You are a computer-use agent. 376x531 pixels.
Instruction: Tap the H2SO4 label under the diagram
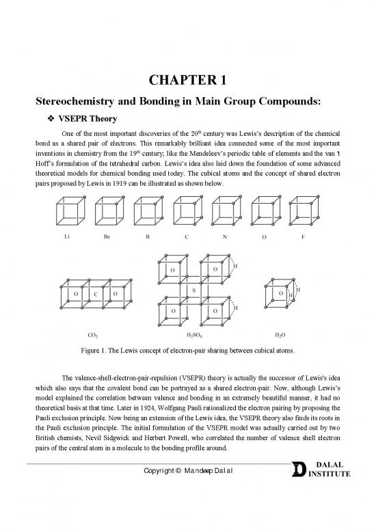coord(196,335)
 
